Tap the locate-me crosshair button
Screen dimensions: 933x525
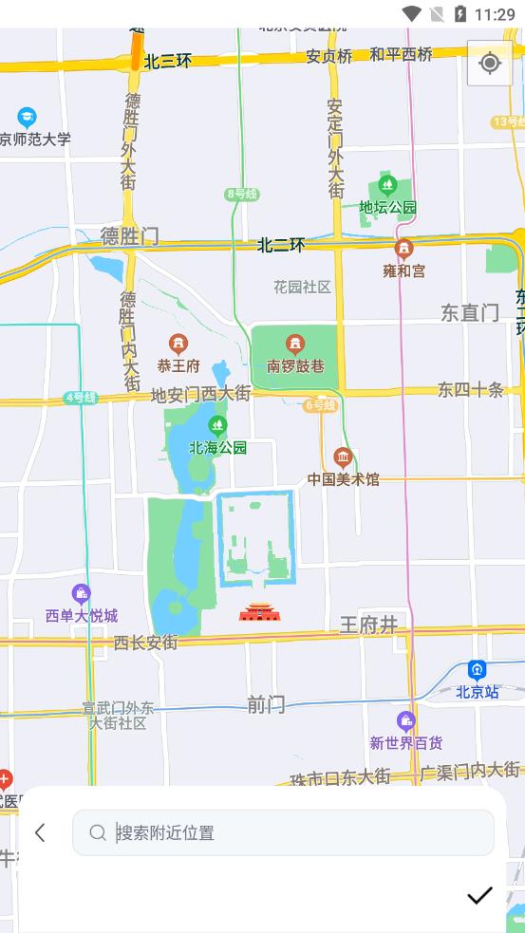tap(490, 63)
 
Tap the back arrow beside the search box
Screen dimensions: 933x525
tap(40, 832)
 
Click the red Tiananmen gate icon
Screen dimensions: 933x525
tap(260, 611)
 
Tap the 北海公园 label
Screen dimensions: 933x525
tap(217, 448)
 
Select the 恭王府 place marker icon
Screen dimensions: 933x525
tap(178, 344)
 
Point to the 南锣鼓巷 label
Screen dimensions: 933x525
tap(295, 365)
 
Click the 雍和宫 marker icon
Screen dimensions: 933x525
tap(404, 250)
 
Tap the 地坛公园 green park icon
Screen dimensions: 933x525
tap(386, 184)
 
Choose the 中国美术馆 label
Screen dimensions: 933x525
tap(343, 479)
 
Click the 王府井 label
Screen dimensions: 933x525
tap(368, 624)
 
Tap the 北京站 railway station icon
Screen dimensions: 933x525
tap(477, 670)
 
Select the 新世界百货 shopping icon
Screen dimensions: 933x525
tap(406, 721)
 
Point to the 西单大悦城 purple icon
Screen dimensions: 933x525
tap(82, 594)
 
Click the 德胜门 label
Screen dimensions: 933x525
tap(130, 236)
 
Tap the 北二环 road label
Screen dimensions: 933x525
tap(281, 245)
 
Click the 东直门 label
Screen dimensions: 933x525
tap(470, 312)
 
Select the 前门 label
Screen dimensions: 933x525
tap(266, 704)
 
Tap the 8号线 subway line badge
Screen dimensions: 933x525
tap(241, 194)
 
